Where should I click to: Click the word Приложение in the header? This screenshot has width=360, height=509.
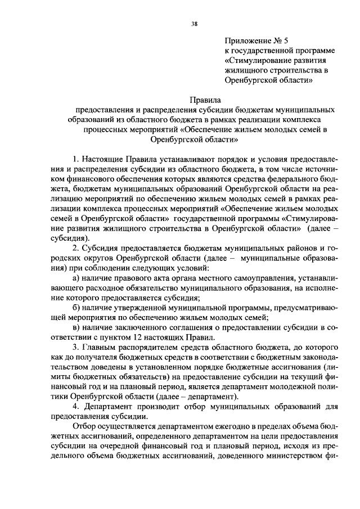click(x=245, y=40)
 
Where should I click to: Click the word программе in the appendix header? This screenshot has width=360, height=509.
click(x=311, y=51)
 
